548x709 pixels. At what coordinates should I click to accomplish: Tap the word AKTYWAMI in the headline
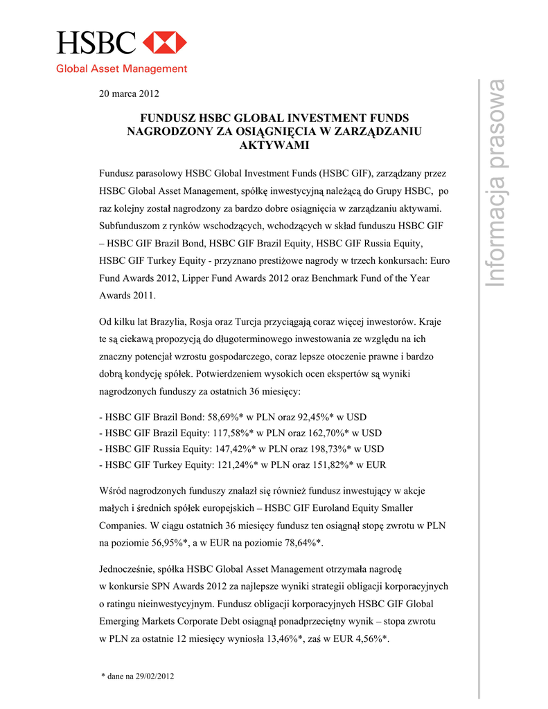click(x=274, y=145)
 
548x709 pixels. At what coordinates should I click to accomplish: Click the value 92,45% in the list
click(x=316, y=418)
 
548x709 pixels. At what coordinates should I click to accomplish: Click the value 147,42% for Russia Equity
click(x=239, y=449)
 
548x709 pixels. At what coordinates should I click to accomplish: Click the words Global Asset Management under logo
click(x=121, y=69)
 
